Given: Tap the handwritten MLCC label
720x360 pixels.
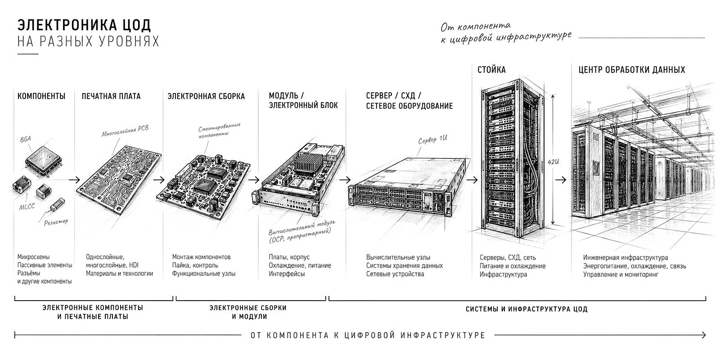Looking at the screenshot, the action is pos(27,207).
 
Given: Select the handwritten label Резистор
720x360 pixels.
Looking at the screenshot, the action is pos(56,222).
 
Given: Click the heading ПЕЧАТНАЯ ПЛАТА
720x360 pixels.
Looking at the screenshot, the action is pos(111,96).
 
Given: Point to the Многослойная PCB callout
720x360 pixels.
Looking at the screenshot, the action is pos(125,130).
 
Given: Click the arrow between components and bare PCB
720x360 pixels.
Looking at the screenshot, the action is pos(74,180).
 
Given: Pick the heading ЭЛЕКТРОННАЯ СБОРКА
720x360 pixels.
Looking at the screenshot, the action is pos(206,96).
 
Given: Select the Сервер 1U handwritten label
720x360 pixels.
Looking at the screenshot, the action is pos(432,139).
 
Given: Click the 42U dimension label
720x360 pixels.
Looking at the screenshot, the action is pos(553,162).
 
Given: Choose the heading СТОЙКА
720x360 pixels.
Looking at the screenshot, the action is pos(491,70).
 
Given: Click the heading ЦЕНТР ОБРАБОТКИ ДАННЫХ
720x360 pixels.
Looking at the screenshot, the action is pos(632,70).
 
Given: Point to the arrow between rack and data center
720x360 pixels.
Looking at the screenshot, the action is pos(561,180).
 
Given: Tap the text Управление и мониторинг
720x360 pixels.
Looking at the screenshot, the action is pos(621,274).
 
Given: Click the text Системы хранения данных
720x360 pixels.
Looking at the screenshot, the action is pos(405,265).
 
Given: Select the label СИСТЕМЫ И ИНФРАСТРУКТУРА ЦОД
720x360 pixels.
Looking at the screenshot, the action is pos(526,309).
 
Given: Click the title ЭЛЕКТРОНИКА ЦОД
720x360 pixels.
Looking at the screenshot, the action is pos(84,25).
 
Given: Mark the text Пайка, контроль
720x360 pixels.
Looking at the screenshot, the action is pos(195,265).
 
